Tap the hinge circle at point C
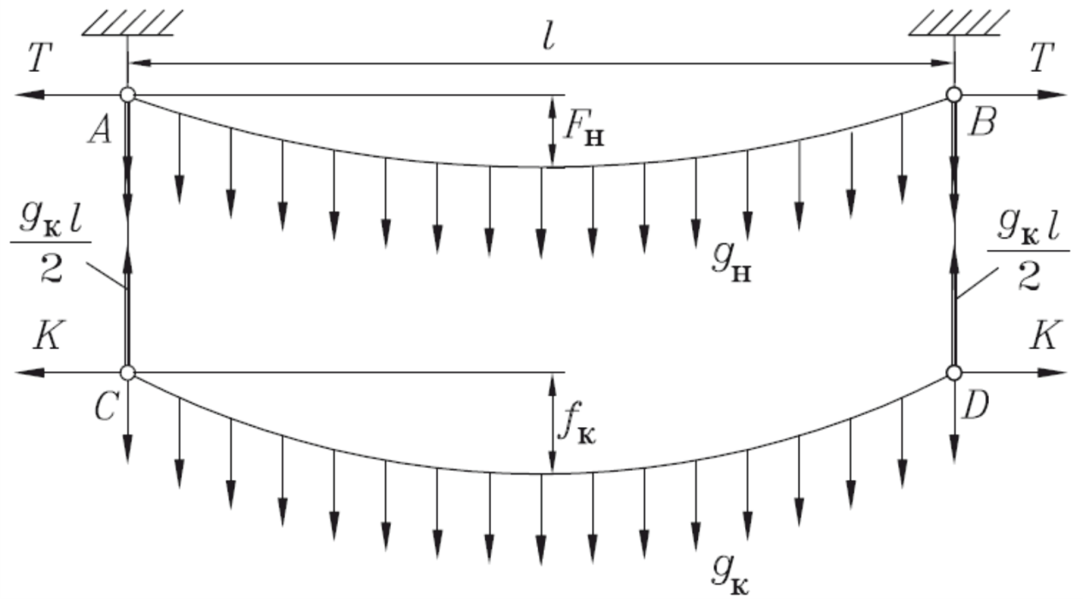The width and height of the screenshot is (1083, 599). pos(127,373)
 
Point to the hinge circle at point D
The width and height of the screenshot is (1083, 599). pos(954,373)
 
